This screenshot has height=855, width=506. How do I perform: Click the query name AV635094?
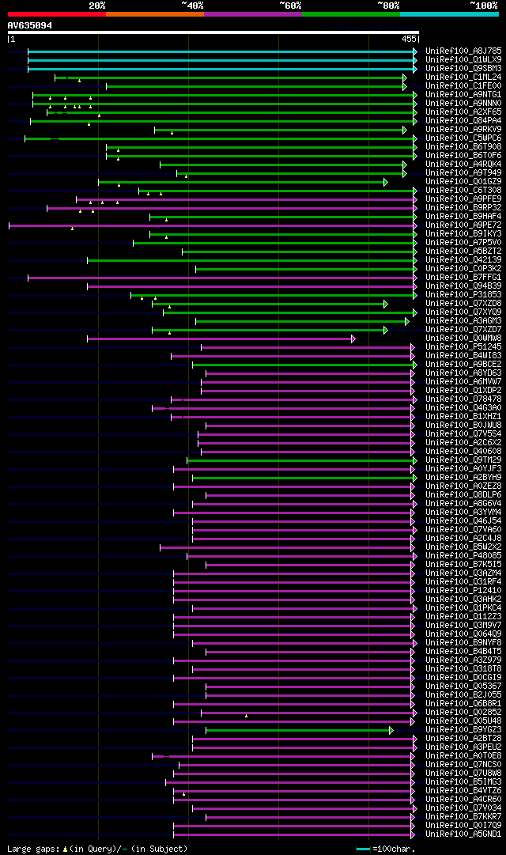30,25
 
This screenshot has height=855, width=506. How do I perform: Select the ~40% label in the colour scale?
192,5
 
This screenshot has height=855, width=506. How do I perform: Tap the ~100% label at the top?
484,5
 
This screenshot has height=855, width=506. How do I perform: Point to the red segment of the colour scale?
56,13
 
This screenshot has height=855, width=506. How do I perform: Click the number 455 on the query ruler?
409,39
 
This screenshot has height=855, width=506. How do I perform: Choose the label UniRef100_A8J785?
463,51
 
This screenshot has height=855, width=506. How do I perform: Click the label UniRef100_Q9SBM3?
463,68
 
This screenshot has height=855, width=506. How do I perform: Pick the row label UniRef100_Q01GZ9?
463,182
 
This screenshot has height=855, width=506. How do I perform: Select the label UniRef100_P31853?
463,294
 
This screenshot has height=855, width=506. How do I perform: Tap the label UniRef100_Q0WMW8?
463,338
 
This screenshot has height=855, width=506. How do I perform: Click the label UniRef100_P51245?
463,346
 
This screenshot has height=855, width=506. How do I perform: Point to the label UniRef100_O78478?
463,399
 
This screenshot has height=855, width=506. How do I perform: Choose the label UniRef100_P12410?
463,590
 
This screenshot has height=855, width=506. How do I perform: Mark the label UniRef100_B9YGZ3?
463,729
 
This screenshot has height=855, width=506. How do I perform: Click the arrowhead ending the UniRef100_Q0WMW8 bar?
353,339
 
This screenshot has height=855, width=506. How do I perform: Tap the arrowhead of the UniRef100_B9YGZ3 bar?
391,730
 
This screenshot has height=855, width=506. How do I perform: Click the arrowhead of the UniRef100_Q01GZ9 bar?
385,183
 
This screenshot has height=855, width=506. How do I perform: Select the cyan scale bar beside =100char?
363,849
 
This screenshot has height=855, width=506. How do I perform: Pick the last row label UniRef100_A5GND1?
463,834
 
